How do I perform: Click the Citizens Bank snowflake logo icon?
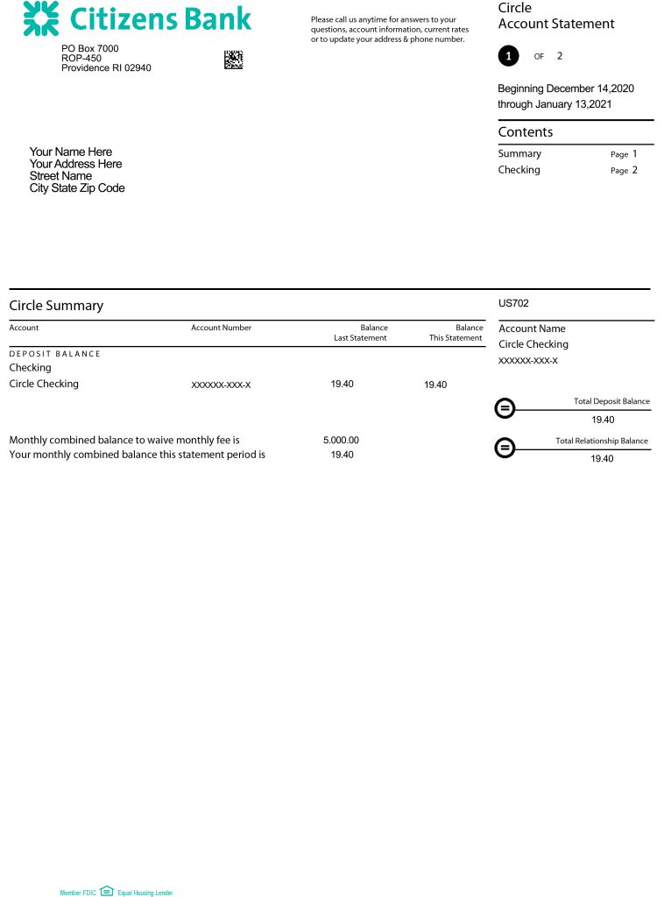point(41,18)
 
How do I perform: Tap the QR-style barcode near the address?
point(233,60)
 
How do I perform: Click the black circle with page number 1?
point(508,56)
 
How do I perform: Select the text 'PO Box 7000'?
point(90,49)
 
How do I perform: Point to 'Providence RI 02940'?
point(106,68)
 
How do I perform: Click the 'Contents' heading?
point(526,132)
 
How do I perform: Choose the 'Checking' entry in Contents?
point(519,170)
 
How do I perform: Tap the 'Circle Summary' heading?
point(56,306)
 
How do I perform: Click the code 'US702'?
point(513,304)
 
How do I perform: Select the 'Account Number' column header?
point(221,328)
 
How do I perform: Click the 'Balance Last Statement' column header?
point(361,333)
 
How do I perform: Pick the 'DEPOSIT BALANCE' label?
point(54,354)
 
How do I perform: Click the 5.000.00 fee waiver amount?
point(341,441)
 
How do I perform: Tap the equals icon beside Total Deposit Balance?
point(505,409)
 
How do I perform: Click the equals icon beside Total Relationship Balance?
point(505,448)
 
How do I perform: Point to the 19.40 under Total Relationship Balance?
point(603,459)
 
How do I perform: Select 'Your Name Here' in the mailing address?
point(71,152)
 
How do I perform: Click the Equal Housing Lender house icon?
point(107,891)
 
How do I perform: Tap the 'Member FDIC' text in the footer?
point(77,893)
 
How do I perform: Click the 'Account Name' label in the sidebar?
point(532,329)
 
